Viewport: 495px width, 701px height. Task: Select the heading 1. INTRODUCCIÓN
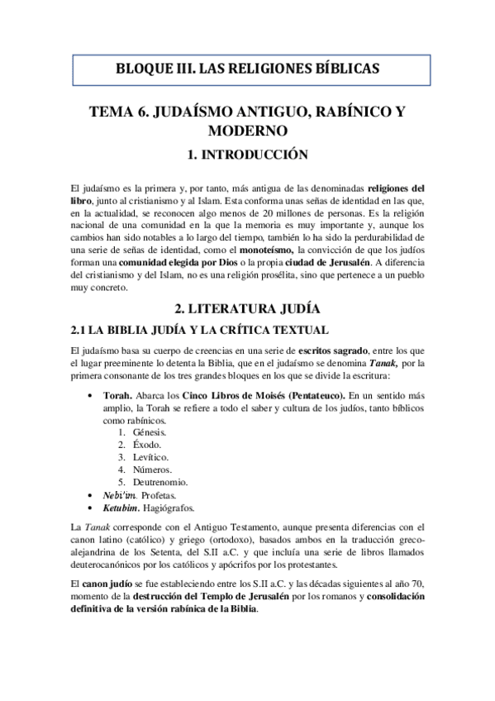(247, 154)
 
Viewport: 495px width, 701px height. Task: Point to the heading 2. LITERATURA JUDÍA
(247, 310)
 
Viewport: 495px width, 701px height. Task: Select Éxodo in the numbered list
(147, 444)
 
